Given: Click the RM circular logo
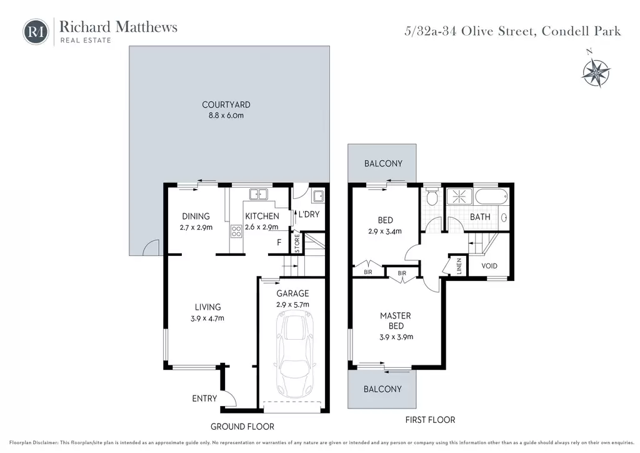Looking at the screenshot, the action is point(36,31).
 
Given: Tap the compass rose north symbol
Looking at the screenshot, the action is point(596,70).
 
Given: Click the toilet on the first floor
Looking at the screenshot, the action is point(432,198).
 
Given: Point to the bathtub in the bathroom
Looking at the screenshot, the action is point(491,196).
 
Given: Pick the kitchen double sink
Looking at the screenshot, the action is point(258,195).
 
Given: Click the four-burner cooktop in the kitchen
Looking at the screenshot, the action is point(236,232).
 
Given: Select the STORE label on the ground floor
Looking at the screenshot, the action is point(297,243).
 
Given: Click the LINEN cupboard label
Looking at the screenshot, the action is point(458,266).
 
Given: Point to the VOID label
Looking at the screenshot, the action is point(489,266).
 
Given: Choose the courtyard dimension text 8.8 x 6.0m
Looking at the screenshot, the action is point(226,116).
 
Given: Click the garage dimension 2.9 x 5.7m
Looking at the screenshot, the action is point(292,304).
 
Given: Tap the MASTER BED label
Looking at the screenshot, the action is point(396,320).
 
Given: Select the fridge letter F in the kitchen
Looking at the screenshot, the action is point(279,242).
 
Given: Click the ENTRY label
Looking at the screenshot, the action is point(204,399).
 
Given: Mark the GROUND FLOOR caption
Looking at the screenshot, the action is point(242,427).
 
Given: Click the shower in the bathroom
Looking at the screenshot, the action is point(459,196).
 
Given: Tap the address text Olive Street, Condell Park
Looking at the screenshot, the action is point(541,31).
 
